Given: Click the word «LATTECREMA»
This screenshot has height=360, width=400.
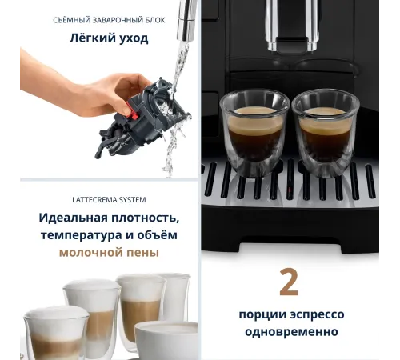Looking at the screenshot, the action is (94, 200).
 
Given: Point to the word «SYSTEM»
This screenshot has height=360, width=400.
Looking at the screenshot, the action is (133, 200).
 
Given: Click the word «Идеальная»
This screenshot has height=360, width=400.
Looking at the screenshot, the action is (73, 218).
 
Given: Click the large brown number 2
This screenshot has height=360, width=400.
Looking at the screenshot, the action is (289, 282).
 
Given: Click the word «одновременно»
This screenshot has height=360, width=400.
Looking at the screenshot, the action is (291, 332).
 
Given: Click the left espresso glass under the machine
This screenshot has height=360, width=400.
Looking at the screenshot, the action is (254, 132).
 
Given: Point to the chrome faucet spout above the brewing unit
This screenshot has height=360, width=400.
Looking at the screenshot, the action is (187, 20).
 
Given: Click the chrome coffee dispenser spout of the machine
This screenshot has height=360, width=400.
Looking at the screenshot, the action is (292, 26).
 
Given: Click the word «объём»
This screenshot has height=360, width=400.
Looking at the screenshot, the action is (158, 235).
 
